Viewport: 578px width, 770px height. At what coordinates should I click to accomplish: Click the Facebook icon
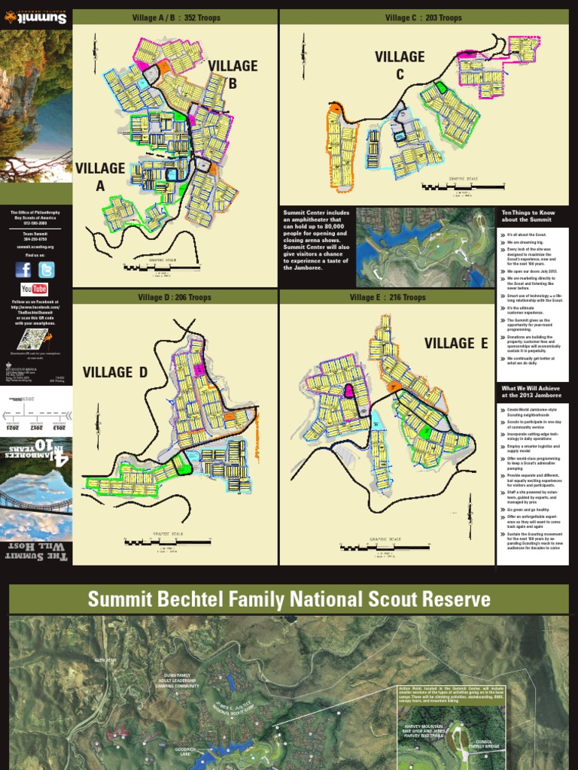24,269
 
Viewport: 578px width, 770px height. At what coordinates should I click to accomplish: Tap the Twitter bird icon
47,269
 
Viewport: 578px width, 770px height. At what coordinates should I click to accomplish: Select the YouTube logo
35,289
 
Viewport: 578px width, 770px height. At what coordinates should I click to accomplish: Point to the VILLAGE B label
233,74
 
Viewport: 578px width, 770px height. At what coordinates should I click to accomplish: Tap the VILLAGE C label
400,65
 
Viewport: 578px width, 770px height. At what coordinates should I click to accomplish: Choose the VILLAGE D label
115,371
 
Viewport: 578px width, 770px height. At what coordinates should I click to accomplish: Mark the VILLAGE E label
456,344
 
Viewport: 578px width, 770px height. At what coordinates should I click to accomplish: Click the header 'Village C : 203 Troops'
424,18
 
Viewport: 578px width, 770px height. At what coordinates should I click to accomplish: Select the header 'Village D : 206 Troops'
175,298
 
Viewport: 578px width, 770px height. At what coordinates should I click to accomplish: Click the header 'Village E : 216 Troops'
388,298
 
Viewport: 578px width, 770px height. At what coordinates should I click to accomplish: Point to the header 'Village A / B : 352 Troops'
175,18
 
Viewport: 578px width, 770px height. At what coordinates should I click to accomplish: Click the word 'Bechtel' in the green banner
245,599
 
